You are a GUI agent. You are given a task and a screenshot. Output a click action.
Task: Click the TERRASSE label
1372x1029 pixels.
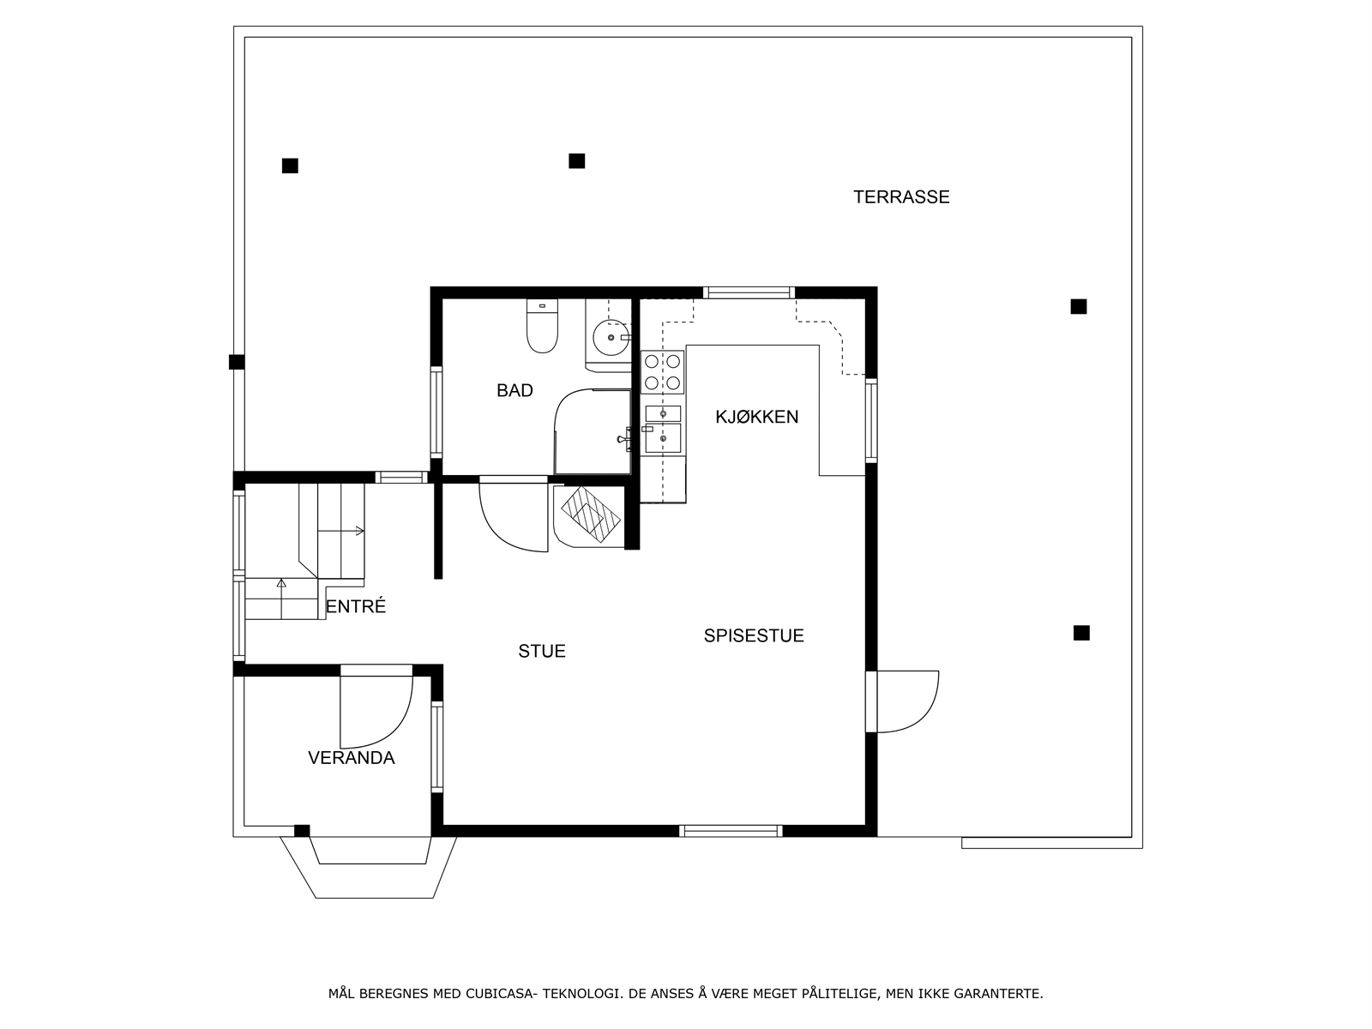click(x=901, y=197)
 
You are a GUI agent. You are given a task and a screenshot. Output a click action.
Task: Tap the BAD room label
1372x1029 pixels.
click(x=514, y=391)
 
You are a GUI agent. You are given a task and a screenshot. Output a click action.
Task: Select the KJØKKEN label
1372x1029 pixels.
click(x=756, y=418)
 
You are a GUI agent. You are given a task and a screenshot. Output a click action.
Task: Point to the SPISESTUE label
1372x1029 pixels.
click(x=754, y=636)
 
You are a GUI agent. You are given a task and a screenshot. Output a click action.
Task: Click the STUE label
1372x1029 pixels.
click(x=542, y=652)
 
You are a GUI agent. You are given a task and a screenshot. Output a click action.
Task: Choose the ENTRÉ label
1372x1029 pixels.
click(x=356, y=607)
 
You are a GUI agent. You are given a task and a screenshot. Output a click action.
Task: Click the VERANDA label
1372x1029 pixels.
click(x=351, y=758)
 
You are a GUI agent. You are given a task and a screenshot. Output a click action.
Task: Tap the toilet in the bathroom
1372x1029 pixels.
click(x=542, y=328)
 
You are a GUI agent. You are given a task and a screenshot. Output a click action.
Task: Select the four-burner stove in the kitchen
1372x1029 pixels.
click(x=663, y=372)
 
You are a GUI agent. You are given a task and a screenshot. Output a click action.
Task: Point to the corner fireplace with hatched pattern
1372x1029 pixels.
click(x=590, y=517)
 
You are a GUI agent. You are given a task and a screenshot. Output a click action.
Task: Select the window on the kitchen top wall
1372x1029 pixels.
click(x=749, y=292)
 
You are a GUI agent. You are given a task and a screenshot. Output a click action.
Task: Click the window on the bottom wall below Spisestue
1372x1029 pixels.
click(x=731, y=830)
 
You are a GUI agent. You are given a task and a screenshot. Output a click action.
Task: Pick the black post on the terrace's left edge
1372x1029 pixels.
click(x=237, y=362)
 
